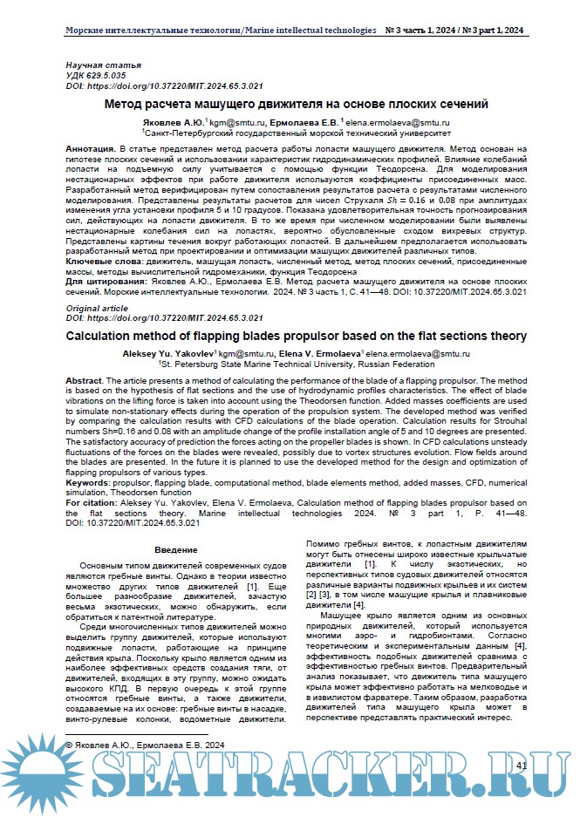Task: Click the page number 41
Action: coord(523,764)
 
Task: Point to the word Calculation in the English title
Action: coord(104,335)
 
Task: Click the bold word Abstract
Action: coord(84,381)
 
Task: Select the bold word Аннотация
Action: coord(92,150)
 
